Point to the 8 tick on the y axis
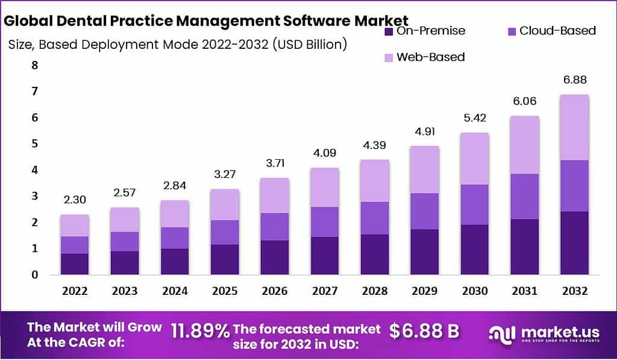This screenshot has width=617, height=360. point(35,65)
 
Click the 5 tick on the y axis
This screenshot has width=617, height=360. point(35,144)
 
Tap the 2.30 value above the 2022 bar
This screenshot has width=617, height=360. point(74,200)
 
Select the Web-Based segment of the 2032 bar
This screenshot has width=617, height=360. point(574,127)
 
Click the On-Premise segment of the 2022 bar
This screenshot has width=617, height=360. point(74,264)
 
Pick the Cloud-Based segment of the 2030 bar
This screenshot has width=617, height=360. point(474,204)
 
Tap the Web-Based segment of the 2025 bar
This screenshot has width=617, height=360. point(224,204)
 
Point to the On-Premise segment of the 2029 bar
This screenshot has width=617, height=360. point(424,251)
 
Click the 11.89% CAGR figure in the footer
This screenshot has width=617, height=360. point(200,330)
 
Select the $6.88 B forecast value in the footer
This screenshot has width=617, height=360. point(424,330)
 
